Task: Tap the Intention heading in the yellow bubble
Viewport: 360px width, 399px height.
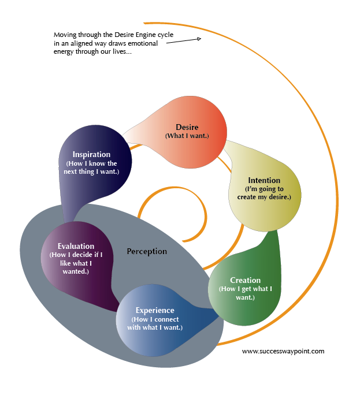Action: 264,180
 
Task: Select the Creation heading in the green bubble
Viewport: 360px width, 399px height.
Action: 245,280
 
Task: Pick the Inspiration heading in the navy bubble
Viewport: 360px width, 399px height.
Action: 91,154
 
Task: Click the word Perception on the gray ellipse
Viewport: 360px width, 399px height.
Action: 147,251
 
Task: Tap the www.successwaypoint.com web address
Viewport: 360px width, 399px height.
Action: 283,351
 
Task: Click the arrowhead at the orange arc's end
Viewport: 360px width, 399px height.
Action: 198,39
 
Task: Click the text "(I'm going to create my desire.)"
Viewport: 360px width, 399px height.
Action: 264,193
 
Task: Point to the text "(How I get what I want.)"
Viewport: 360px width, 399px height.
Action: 245,293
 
